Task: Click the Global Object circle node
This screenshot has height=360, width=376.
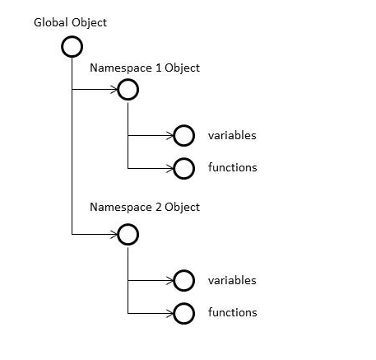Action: coord(72,46)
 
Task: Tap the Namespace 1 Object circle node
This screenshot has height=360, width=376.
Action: coord(128,90)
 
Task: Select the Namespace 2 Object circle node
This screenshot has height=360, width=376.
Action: coord(128,235)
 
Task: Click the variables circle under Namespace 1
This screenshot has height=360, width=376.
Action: coord(183,136)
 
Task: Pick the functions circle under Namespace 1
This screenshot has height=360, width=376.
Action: coord(183,168)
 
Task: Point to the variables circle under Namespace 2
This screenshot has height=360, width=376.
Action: coord(183,281)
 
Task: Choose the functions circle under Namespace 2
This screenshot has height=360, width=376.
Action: coord(183,313)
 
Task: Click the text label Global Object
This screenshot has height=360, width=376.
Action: coord(70,22)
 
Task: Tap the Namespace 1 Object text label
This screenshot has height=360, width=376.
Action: coord(145,68)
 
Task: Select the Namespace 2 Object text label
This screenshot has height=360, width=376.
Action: coord(145,207)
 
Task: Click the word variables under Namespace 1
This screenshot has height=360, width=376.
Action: coord(232,135)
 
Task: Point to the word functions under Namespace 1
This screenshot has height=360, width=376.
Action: coord(232,167)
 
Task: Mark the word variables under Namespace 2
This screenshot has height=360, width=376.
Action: coord(232,280)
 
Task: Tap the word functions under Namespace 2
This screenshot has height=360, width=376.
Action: coord(232,312)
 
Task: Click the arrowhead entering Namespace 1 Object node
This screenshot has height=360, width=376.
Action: coord(114,90)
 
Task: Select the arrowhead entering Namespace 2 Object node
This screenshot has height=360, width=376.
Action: coord(114,235)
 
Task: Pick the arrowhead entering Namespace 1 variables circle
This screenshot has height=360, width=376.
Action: coord(169,136)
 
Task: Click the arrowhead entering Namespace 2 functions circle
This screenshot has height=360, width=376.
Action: coord(169,313)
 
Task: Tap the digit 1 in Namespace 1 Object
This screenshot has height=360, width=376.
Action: coord(158,68)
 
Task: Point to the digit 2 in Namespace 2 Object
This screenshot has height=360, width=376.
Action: coord(158,207)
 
